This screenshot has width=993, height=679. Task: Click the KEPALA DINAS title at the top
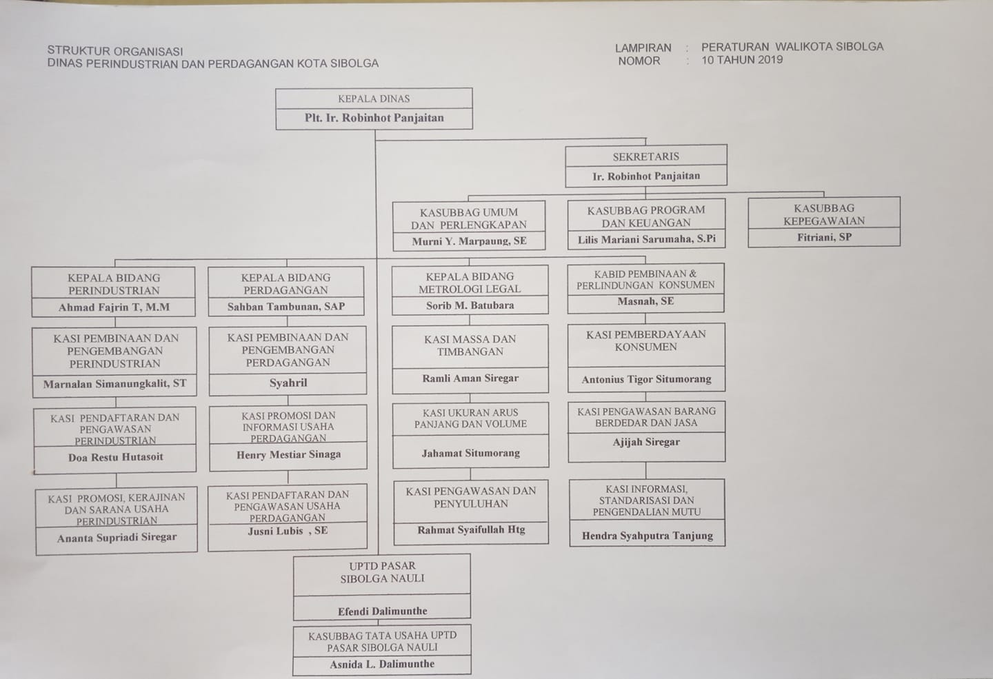(374, 99)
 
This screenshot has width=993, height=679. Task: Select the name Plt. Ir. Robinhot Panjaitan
(374, 118)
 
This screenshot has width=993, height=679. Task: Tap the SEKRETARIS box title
(645, 156)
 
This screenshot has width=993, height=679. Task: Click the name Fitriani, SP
(824, 237)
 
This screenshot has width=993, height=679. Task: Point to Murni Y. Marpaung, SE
(469, 241)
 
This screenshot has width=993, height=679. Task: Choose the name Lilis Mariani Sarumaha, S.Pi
(646, 239)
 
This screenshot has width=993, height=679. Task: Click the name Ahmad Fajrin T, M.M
(114, 307)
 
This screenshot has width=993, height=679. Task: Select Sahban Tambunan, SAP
(286, 306)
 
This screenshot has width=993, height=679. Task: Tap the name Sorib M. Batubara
(470, 305)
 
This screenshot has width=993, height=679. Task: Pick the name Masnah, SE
(645, 301)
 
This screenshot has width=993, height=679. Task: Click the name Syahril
(288, 383)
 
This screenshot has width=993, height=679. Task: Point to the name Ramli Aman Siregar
(470, 378)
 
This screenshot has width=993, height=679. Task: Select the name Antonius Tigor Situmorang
(646, 379)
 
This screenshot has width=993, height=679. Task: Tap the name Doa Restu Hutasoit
(115, 457)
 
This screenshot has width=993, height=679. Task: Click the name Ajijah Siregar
(646, 442)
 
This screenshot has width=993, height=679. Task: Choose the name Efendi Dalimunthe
(382, 611)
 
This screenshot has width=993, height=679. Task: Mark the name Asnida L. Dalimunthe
(382, 664)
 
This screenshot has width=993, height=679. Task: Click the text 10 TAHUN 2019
(742, 60)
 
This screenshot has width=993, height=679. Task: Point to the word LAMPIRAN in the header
(643, 48)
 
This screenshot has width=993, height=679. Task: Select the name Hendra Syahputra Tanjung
(648, 536)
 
